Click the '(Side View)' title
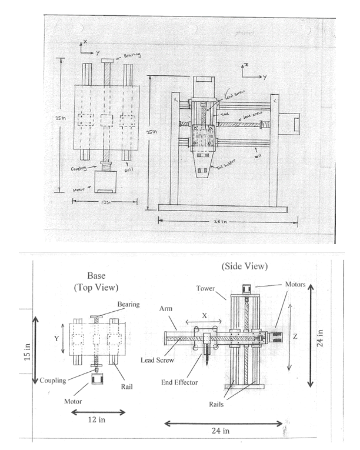pos(245,266)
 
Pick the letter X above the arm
pos(204,315)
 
